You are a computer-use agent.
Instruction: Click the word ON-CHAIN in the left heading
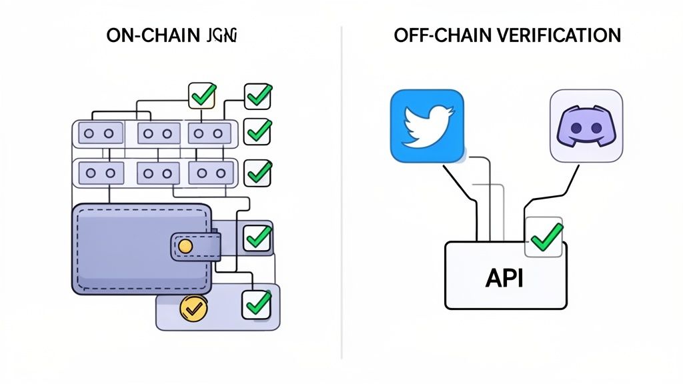(x=149, y=35)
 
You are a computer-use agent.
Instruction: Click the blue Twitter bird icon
(x=426, y=125)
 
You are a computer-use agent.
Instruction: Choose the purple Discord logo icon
(x=586, y=125)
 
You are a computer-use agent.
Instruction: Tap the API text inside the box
(x=505, y=277)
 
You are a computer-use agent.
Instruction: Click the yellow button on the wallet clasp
(x=186, y=247)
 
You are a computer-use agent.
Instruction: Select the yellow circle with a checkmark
(x=192, y=308)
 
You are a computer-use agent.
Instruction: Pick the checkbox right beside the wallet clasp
(x=257, y=237)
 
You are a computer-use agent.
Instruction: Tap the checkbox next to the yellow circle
(x=257, y=303)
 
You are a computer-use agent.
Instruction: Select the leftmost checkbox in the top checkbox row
(x=201, y=96)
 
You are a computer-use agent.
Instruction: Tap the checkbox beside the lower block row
(x=257, y=172)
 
